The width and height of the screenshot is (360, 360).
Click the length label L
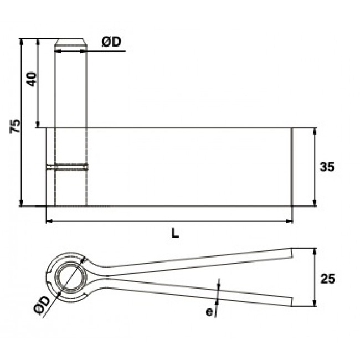(175, 234)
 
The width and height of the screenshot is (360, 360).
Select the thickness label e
(209, 312)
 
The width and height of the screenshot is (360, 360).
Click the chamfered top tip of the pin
(71, 43)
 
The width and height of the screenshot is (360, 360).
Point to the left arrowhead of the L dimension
(48, 222)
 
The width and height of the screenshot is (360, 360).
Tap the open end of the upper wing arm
(292, 252)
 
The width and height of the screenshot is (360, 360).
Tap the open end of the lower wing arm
(291, 301)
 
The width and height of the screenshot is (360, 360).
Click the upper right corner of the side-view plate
(292, 128)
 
